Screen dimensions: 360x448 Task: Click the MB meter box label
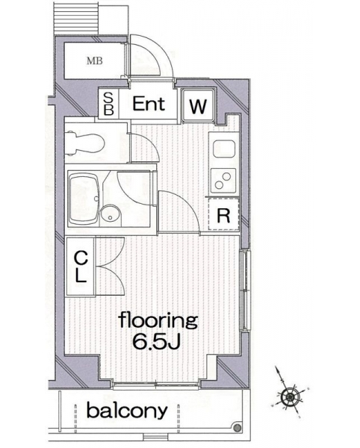point(95,60)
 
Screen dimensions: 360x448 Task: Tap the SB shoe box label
point(108,104)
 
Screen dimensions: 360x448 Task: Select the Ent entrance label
point(149,104)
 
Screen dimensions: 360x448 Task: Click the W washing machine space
point(198,105)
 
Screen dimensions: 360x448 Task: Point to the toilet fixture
point(84,143)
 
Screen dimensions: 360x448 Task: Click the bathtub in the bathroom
point(84,199)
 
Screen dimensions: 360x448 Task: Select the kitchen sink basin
point(224,149)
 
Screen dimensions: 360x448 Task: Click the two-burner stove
point(223,181)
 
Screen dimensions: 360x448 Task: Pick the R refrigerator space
point(224,215)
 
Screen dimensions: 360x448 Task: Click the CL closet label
point(81,267)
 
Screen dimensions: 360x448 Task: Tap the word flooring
point(158,321)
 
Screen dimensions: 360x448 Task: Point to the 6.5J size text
point(156,341)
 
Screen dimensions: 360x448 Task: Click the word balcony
point(127,411)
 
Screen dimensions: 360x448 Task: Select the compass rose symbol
point(290,396)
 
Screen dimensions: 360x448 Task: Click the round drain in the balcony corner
point(237,429)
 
